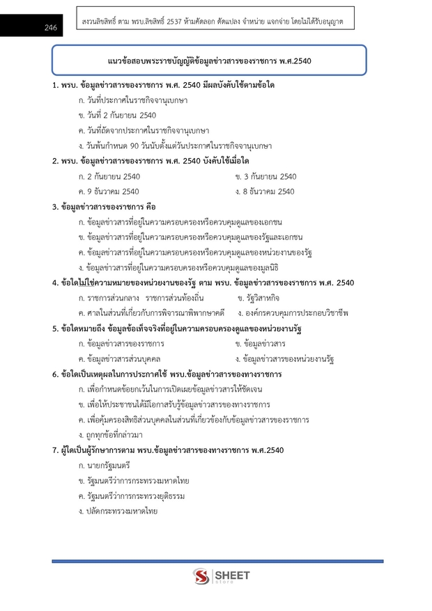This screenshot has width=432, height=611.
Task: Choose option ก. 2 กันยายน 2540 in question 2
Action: (x=110, y=176)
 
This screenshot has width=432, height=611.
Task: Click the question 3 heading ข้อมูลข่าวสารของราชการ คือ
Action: (x=104, y=207)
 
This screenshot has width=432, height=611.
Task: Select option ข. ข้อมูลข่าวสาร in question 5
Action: (x=261, y=344)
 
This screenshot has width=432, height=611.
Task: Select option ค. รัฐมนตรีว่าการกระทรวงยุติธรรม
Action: (x=134, y=496)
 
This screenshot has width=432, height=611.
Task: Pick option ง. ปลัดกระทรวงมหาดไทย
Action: (x=118, y=511)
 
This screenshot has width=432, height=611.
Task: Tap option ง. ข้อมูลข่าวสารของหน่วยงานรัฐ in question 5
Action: (x=285, y=359)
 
